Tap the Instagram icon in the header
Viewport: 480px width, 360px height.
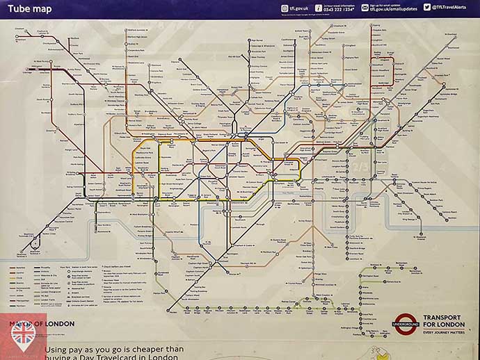click(285, 8)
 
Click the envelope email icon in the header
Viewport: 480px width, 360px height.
click(365, 8)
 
